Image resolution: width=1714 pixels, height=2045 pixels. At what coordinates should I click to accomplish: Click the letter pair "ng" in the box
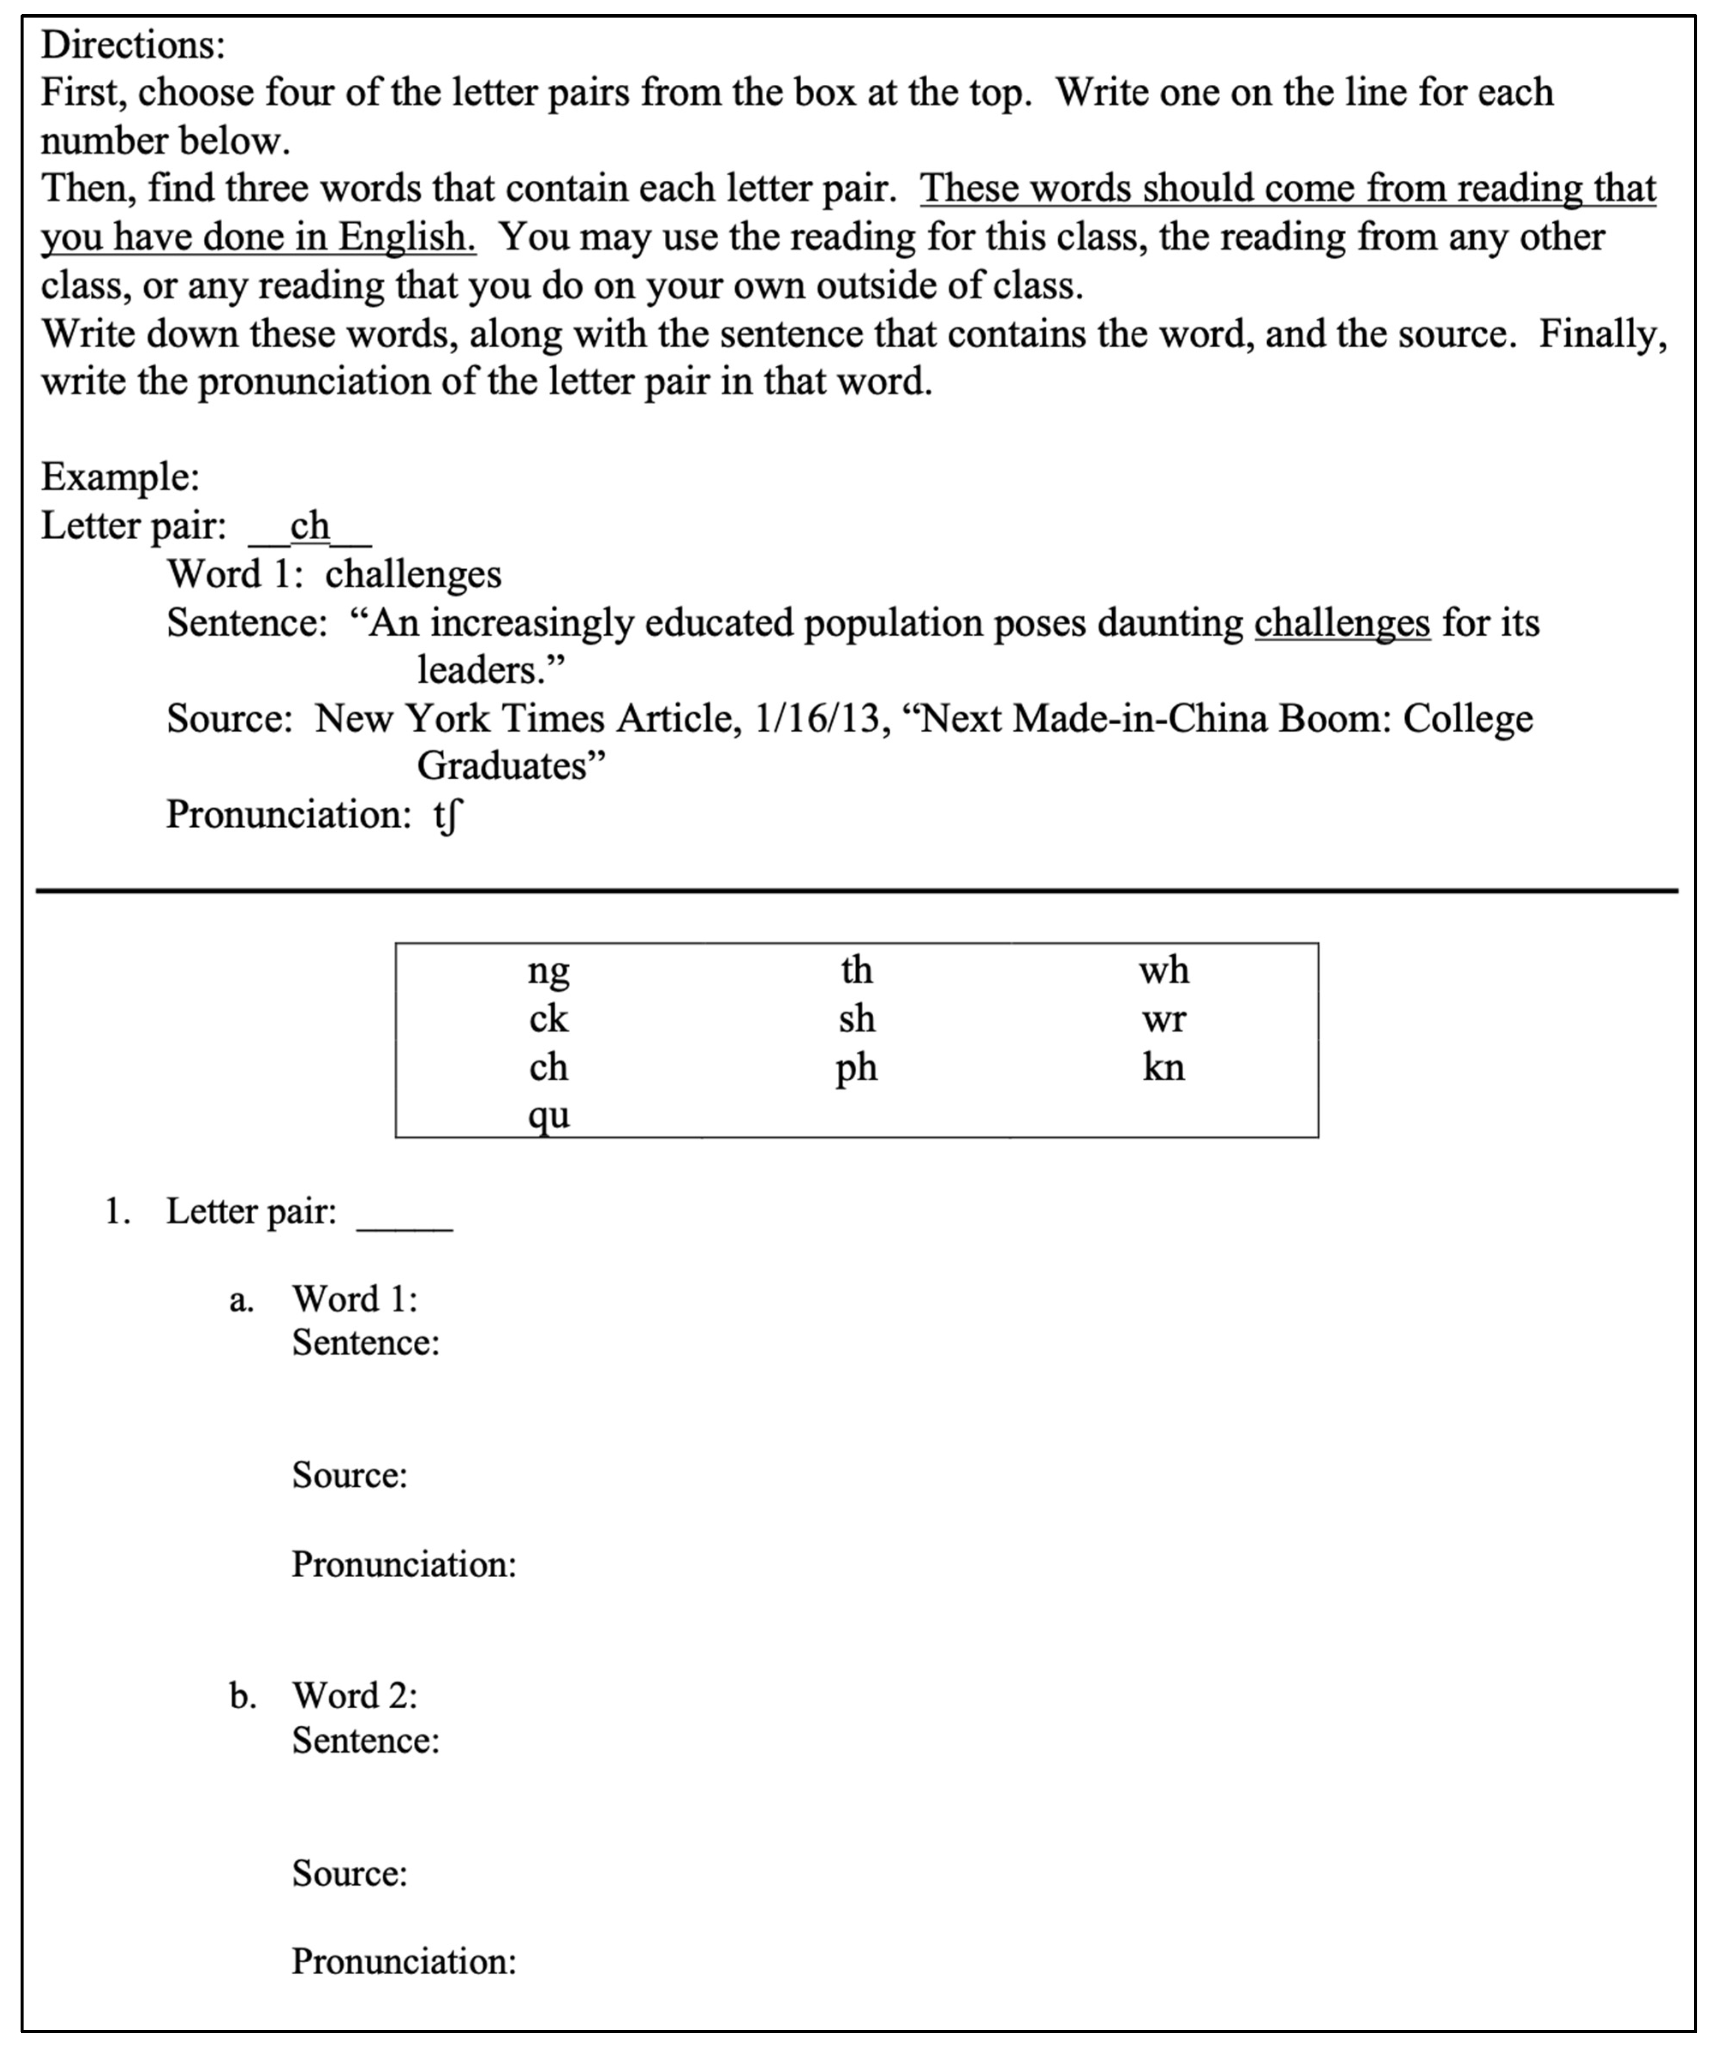click(548, 972)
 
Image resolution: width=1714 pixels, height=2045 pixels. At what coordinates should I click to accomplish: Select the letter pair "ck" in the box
click(548, 1020)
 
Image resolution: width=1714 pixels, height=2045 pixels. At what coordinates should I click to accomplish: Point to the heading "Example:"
click(120, 477)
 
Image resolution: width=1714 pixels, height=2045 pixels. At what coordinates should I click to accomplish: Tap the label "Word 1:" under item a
click(355, 1299)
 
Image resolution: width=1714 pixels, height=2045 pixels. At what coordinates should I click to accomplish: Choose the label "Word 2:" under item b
click(355, 1695)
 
